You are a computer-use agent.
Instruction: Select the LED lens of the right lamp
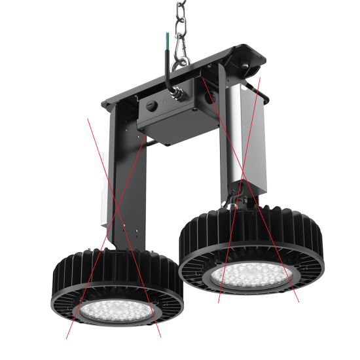coord(251,275)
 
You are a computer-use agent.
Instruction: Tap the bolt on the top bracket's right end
coord(247,67)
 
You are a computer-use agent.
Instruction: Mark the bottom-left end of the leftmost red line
coord(67,338)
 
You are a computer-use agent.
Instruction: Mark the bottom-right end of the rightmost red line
coord(299,302)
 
